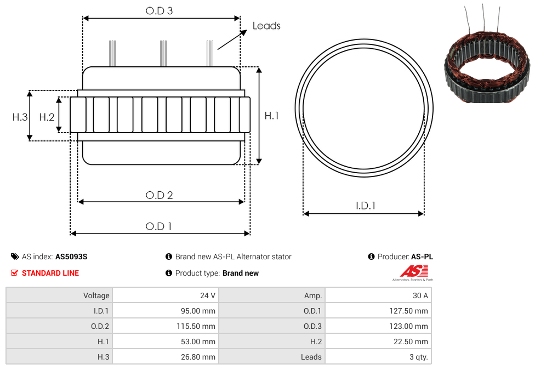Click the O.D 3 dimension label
pos(159,10)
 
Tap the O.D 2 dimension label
pos(159,195)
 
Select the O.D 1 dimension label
pos(158,226)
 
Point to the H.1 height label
pos(271,116)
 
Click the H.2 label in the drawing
pos(47,117)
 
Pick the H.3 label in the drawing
pos(20,117)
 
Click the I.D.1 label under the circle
pos(366,206)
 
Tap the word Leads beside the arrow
pos(266,26)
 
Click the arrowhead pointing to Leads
pos(243,32)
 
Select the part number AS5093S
pos(71,257)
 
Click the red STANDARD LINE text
pos(50,273)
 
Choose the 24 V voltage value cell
pos(166,295)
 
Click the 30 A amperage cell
pos(378,295)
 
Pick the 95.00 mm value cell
pos(166,311)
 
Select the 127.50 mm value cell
pos(378,311)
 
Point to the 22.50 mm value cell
pos(378,341)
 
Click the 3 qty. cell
pos(378,357)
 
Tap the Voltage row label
pos(96,295)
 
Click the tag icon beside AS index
pos(15,257)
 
